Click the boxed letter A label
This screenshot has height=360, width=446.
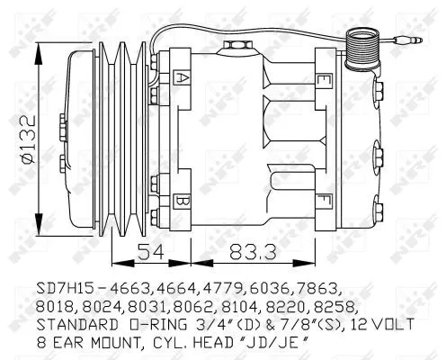click(183, 78)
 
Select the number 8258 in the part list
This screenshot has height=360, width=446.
click(336, 307)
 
